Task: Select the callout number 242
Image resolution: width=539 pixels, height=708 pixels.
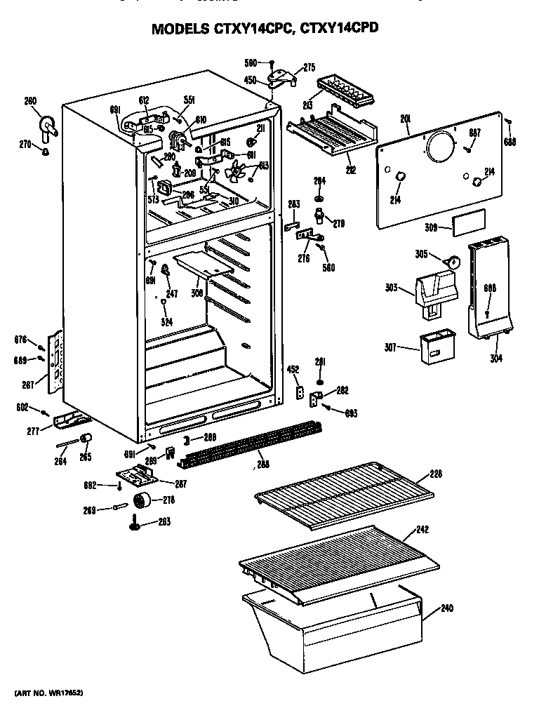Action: tap(422, 529)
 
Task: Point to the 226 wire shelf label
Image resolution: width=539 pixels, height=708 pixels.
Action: tap(435, 474)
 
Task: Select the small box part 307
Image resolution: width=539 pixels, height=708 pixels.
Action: tap(432, 347)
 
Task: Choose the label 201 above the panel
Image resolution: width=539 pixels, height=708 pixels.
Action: tap(405, 119)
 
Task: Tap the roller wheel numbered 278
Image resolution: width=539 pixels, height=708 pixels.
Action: tap(144, 501)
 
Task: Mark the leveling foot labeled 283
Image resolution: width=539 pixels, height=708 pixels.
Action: tap(133, 523)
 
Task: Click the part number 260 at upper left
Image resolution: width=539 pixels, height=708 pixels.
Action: tap(30, 101)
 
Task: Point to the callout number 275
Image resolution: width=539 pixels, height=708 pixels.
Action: tap(309, 67)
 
